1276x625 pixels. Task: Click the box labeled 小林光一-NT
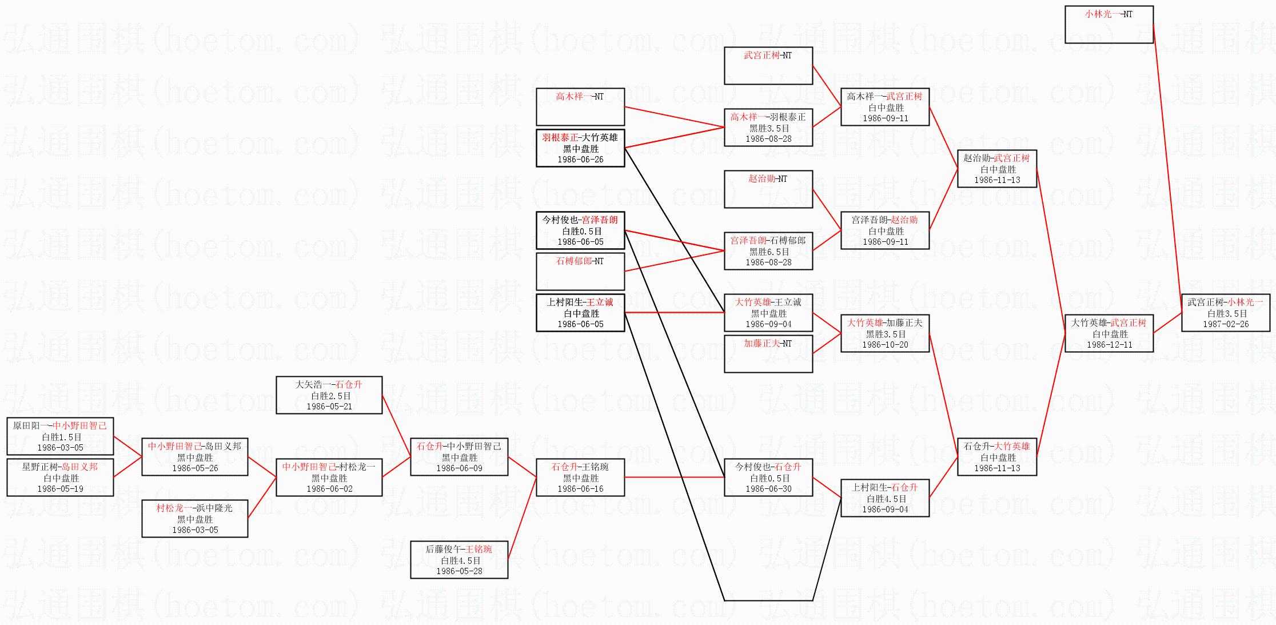[x=1108, y=25]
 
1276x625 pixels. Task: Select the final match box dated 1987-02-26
[x=1225, y=313]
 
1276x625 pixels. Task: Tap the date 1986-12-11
[x=1109, y=345]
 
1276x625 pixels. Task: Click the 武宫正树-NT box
[x=768, y=66]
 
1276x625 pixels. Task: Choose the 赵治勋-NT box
[x=768, y=189]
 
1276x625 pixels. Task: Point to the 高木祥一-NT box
[x=580, y=107]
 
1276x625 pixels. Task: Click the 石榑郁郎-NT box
[x=580, y=272]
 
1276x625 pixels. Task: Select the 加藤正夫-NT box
[x=768, y=354]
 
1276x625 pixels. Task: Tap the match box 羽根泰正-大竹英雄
[x=580, y=148]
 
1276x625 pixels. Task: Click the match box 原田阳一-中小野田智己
[x=60, y=436]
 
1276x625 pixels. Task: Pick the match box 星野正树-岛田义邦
[x=60, y=477]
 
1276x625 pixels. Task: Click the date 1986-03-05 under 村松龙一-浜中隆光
[x=195, y=530]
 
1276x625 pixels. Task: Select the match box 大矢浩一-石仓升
[x=329, y=395]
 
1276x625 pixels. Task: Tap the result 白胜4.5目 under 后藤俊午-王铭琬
[x=459, y=560]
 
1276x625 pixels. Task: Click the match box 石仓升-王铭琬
[x=580, y=477]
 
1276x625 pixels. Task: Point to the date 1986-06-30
[x=768, y=489]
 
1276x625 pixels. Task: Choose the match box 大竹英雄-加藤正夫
[x=884, y=333]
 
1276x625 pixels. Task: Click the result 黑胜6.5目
[x=768, y=252]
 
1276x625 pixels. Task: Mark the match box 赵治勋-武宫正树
[x=996, y=169]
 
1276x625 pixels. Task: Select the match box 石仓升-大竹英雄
[x=996, y=457]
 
